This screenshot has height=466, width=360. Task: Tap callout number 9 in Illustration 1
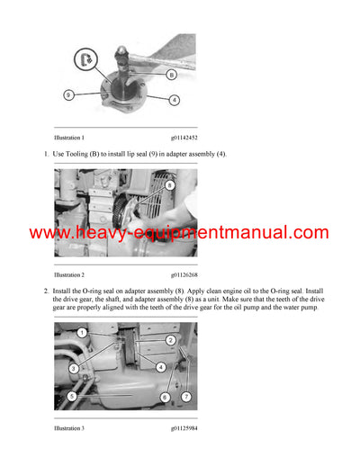tap(68, 94)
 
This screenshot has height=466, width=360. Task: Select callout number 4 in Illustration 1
tap(175, 99)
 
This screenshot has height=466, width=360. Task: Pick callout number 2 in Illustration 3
tap(170, 339)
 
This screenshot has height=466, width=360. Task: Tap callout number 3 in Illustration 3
tap(73, 369)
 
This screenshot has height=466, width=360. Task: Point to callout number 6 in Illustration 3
tap(165, 396)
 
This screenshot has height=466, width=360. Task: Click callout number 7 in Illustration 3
tap(186, 396)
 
